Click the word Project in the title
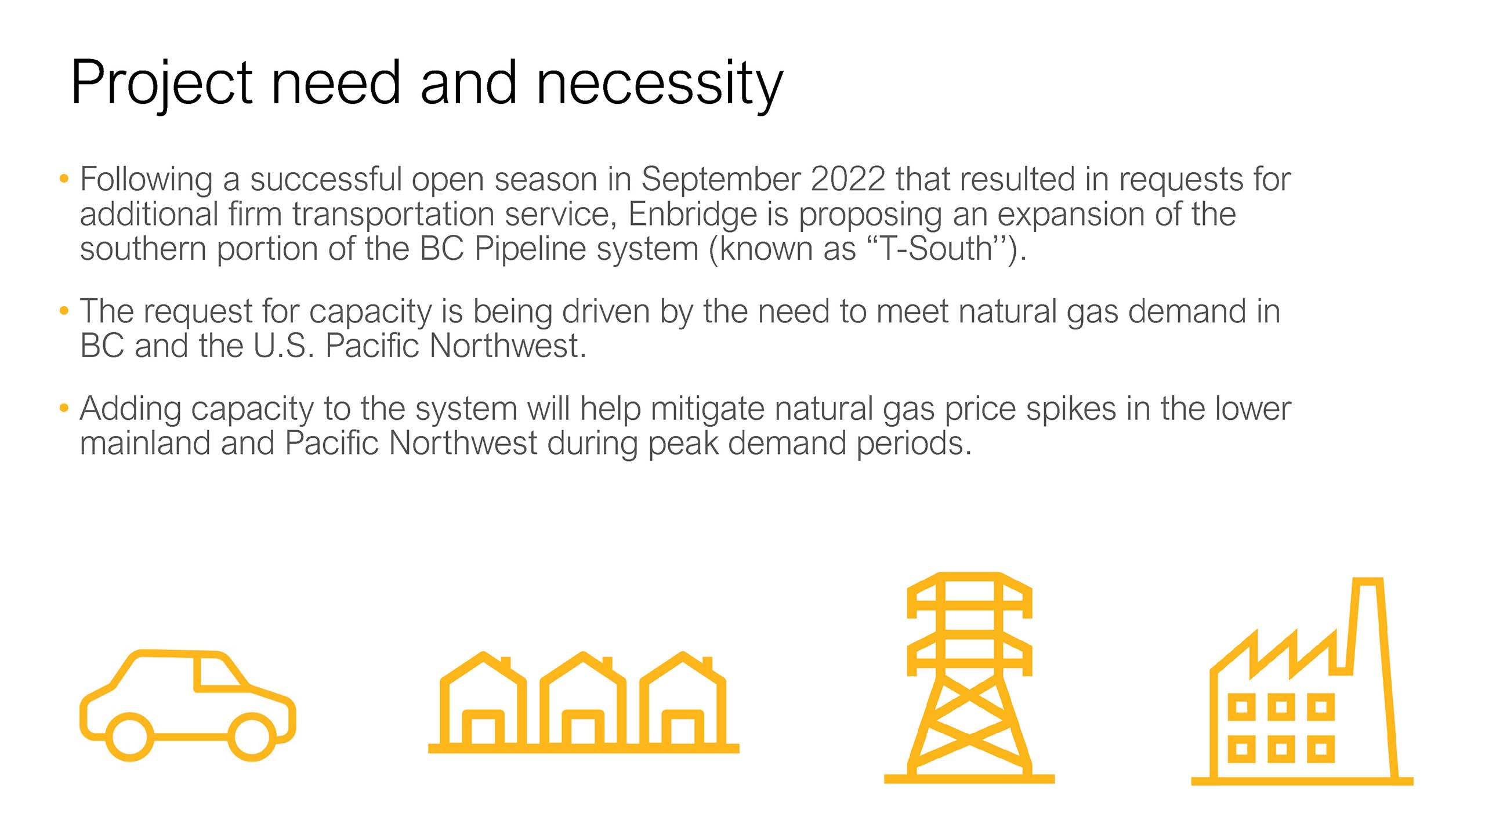(x=162, y=84)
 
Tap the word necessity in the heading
(x=660, y=84)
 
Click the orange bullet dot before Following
(x=64, y=179)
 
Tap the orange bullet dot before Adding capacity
(x=64, y=408)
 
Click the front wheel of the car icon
(x=252, y=736)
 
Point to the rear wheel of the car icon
(x=130, y=736)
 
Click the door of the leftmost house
(x=483, y=728)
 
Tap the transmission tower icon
(x=969, y=677)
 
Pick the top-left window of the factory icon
(x=1242, y=707)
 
